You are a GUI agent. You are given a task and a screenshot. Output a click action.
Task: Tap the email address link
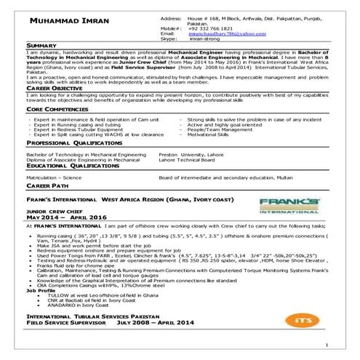pos(225,33)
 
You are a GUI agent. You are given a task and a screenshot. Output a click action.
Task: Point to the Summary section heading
pos(42,46)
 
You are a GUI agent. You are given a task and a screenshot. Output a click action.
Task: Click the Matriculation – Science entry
pos(54,177)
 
